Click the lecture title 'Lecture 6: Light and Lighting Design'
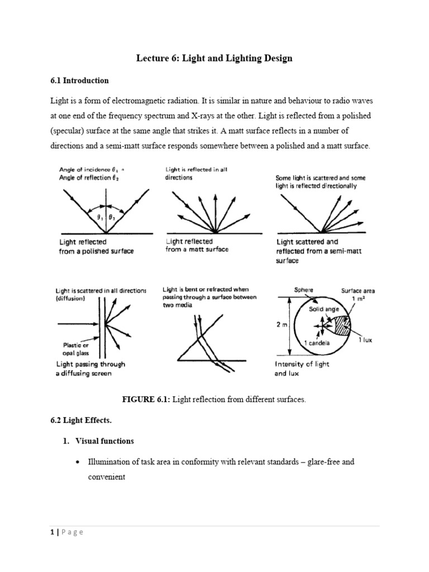(x=214, y=59)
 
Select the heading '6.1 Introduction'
(x=79, y=80)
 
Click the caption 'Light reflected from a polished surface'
(x=96, y=246)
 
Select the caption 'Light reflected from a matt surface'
(x=197, y=245)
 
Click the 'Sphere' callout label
(x=303, y=290)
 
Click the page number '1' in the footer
(x=50, y=532)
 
